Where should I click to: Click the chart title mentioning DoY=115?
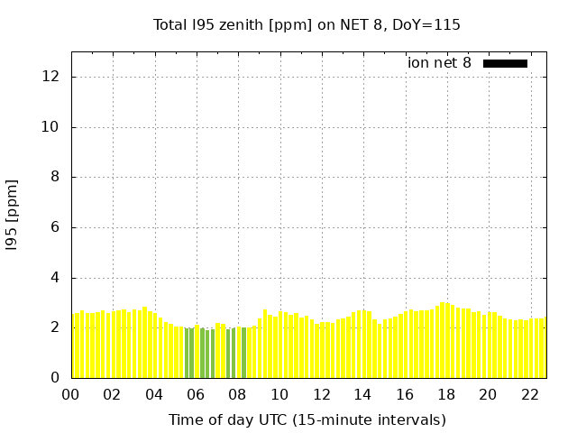[x=307, y=25]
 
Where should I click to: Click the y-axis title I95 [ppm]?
[x=13, y=215]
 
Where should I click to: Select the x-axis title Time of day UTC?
[x=307, y=419]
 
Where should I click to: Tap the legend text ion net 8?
[x=439, y=63]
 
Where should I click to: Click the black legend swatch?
[x=505, y=63]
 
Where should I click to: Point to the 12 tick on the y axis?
[x=51, y=77]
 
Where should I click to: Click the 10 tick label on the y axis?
[x=51, y=127]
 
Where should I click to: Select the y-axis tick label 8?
[x=55, y=178]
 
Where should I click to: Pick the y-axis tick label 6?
[x=55, y=228]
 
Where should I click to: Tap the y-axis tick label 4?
[x=55, y=278]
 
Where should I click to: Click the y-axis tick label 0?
[x=55, y=378]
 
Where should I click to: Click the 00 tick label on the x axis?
[x=70, y=394]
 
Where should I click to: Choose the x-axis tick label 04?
[x=154, y=394]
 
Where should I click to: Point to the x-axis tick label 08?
[x=237, y=394]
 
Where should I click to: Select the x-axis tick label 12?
[x=321, y=394]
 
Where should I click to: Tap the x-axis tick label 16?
[x=405, y=394]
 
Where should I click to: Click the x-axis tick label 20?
[x=488, y=394]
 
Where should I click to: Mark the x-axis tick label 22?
[x=530, y=394]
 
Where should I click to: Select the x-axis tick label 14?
[x=362, y=394]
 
